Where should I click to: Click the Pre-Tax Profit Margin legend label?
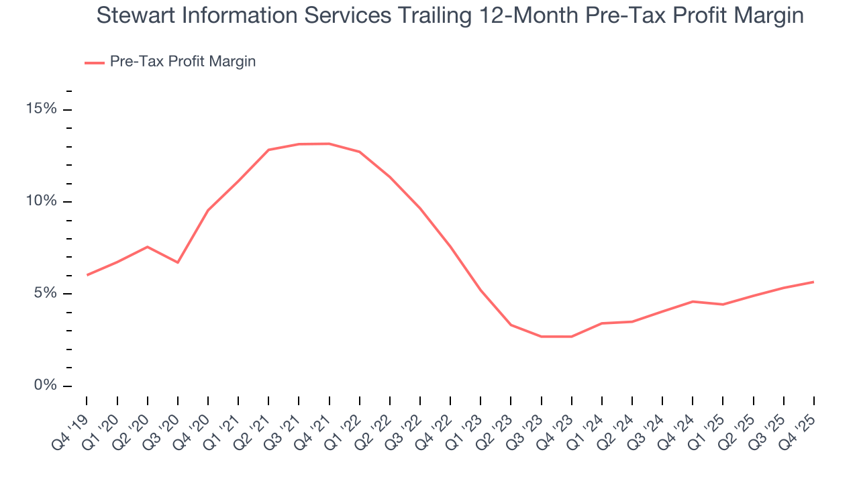click(183, 62)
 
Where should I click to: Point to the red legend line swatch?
click(94, 62)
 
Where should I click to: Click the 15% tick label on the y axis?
click(41, 109)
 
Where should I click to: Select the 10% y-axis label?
click(41, 201)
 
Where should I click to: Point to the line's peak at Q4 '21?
click(330, 144)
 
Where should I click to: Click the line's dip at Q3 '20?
click(178, 262)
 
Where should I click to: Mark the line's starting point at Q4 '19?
click(87, 275)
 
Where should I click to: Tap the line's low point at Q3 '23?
click(541, 336)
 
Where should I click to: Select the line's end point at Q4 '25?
click(813, 282)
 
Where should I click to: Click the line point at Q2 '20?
click(148, 247)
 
